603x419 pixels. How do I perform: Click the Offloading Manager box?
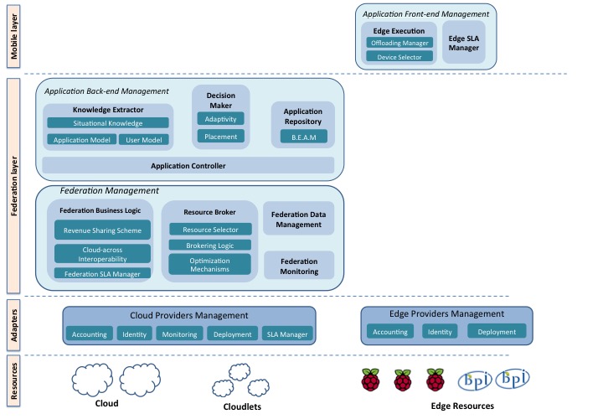[399, 42]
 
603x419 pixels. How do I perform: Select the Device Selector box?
[399, 57]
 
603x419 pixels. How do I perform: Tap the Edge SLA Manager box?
[463, 43]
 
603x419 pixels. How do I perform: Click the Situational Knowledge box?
[108, 123]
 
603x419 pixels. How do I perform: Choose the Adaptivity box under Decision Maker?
[221, 119]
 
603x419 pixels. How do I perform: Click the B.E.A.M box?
[303, 136]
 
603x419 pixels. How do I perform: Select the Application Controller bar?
[188, 165]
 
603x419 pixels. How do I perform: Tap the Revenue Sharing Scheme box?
[103, 230]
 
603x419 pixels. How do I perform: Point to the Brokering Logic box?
[209, 245]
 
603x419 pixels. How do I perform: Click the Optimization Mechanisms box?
[209, 263]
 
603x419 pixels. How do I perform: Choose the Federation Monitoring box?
[298, 266]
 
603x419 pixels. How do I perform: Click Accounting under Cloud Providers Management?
[90, 334]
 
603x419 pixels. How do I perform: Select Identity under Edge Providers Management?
[440, 332]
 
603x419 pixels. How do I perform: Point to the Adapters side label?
[14, 325]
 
